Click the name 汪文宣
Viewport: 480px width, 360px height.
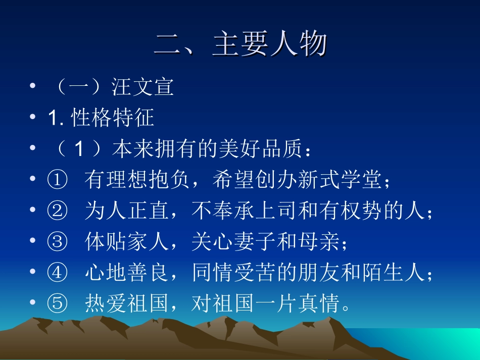coord(143,87)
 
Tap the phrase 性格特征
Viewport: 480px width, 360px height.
coord(113,118)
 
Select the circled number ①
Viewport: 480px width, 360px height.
coord(57,180)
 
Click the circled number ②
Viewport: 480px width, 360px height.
coord(57,212)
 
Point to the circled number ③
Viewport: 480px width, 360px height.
coord(57,243)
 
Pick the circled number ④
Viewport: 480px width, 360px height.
coord(57,274)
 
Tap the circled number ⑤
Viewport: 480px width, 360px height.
coord(57,304)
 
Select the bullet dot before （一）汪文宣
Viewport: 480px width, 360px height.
coord(33,87)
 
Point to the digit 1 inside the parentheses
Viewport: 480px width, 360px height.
coord(78,149)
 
